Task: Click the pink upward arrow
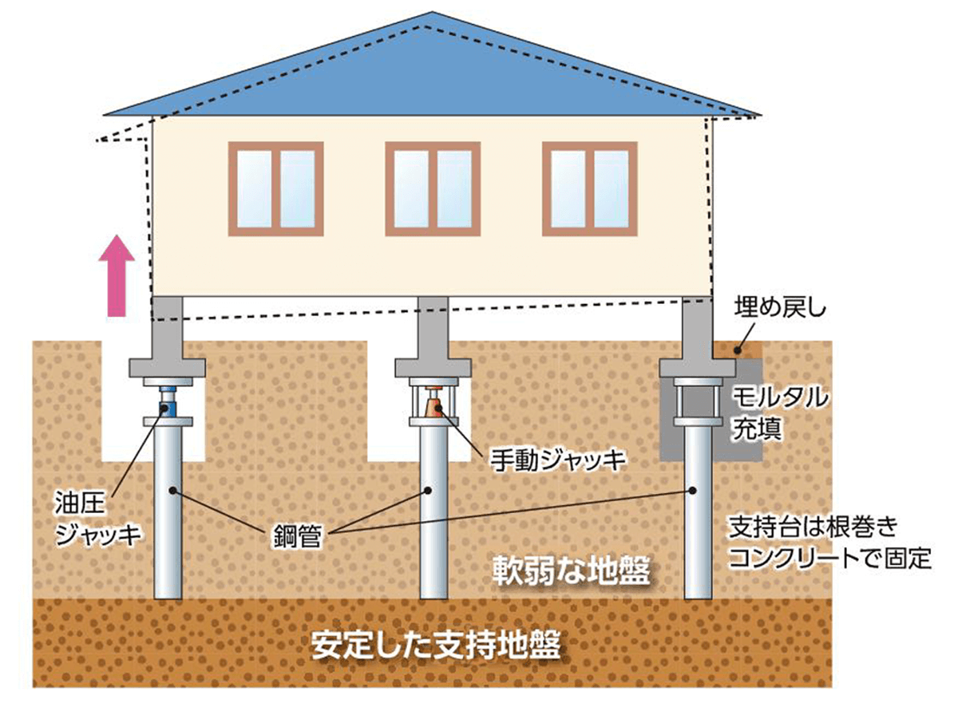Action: (117, 275)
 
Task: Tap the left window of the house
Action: (275, 188)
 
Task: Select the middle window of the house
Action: (433, 188)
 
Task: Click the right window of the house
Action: (590, 188)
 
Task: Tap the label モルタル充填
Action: (781, 413)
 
